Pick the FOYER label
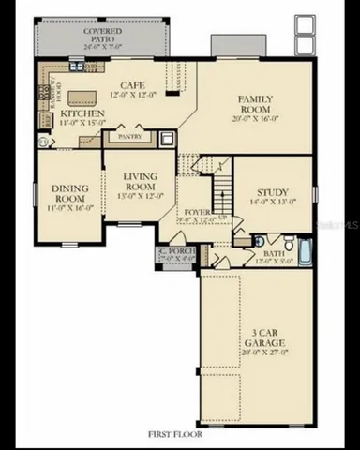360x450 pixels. tap(197, 213)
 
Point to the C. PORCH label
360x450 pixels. tap(174, 250)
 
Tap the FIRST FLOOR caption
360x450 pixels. tap(179, 433)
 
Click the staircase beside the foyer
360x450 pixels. tap(221, 192)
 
